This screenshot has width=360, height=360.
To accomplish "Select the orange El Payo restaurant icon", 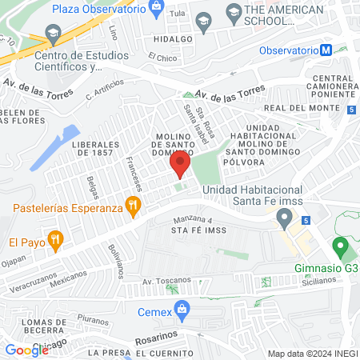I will point(54,238).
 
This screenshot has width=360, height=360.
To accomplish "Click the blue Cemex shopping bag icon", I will point(182,308).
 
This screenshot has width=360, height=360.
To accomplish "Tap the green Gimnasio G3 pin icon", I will point(339,246).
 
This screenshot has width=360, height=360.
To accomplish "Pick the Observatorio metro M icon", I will point(326,50).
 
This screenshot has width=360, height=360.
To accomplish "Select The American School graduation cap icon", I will point(234,11).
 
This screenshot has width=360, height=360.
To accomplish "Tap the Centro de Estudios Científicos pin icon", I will point(54,35).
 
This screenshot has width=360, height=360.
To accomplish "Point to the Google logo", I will point(26,350).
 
